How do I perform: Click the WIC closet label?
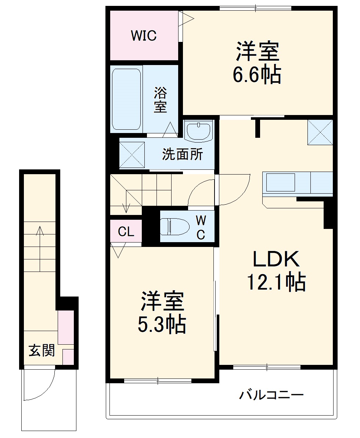pos(144,36)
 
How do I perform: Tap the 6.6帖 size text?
pos(257,75)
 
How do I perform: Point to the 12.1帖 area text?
pos(276,282)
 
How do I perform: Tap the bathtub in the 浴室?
pos(126,99)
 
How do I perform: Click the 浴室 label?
pos(160,100)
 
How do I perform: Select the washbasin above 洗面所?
pos(199,131)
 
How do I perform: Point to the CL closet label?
pos(126,232)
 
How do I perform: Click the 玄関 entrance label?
pos(42,351)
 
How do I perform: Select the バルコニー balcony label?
pos(271,395)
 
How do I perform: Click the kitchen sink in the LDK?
pos(281,183)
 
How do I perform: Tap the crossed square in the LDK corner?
pos(320,132)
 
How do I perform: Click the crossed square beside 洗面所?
pos(132,154)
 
